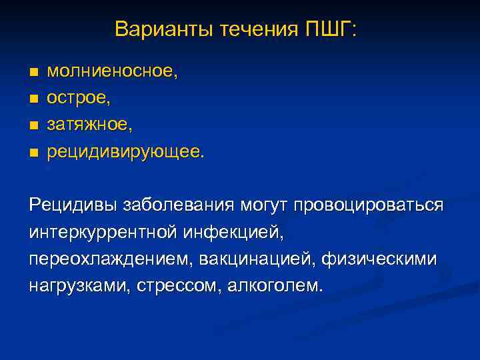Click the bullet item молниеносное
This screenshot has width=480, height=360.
coord(113,71)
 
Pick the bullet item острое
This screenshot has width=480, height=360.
coord(79,98)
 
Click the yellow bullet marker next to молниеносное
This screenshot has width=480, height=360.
coord(33,72)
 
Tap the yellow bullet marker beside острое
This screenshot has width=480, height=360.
coord(33,99)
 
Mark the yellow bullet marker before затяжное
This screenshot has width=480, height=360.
coord(33,125)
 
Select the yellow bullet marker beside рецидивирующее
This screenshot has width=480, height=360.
coord(33,153)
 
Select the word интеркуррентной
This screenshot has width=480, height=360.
coord(102,232)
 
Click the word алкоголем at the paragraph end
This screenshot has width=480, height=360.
coord(275,286)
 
